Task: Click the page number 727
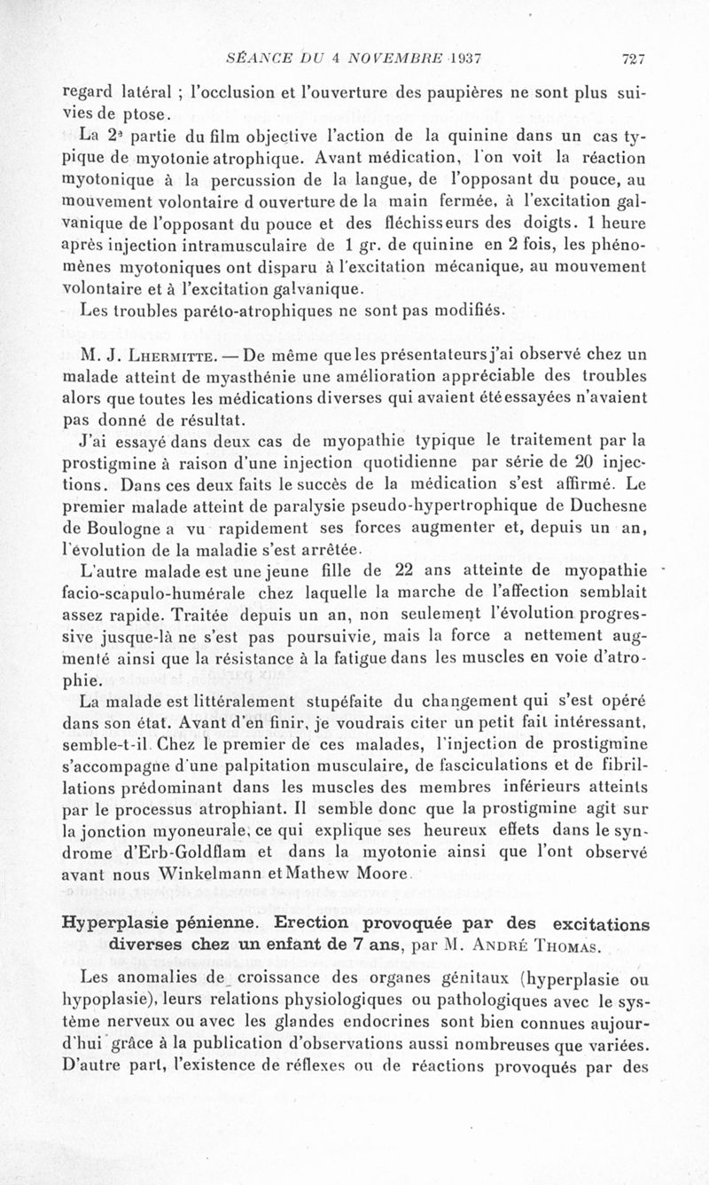coord(632,60)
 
